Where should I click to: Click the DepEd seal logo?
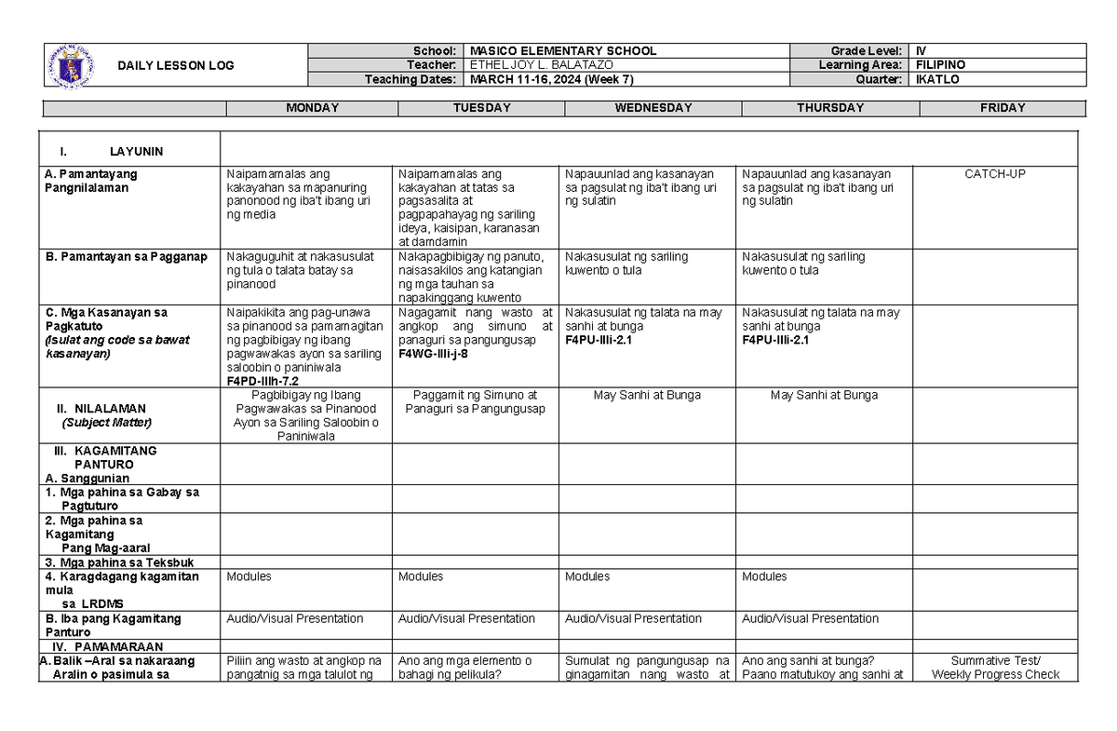click(x=70, y=64)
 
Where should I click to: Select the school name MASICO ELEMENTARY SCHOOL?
click(x=563, y=51)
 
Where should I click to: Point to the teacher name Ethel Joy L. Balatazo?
click(x=542, y=65)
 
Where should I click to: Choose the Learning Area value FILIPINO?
click(x=940, y=65)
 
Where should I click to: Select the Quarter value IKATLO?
click(x=937, y=79)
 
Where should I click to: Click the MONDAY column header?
click(x=312, y=108)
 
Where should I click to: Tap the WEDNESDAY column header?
click(x=653, y=108)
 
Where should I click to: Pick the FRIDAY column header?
click(x=1003, y=108)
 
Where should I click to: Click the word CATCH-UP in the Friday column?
click(x=995, y=174)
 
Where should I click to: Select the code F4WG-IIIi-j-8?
click(x=433, y=354)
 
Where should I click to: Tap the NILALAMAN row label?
click(x=111, y=409)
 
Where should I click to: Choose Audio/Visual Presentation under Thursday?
click(x=810, y=619)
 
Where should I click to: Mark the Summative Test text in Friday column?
click(x=995, y=661)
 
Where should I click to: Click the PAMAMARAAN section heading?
click(x=120, y=646)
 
